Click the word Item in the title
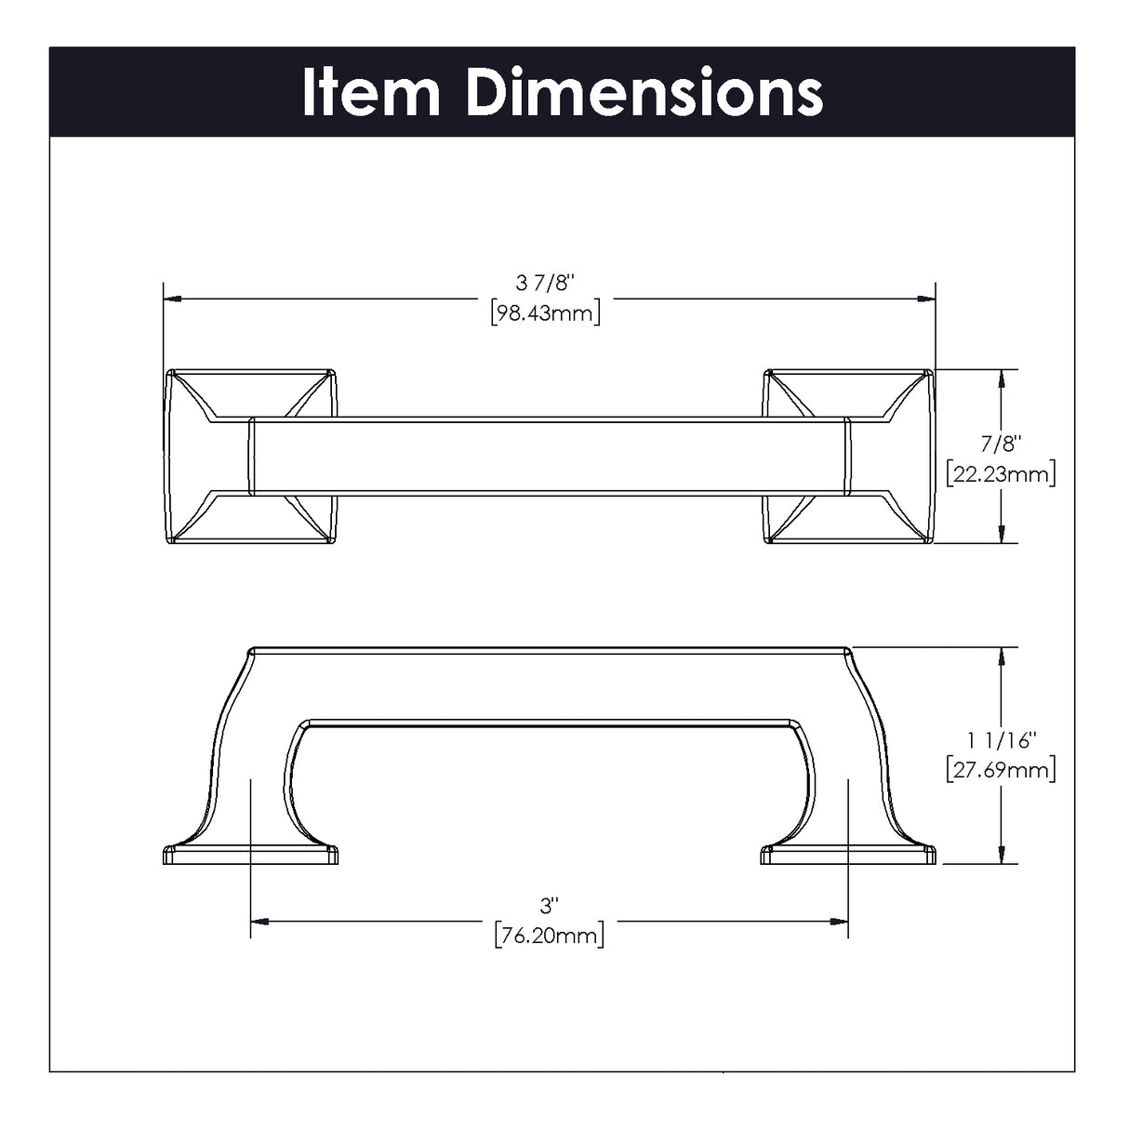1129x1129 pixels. pyautogui.click(x=371, y=92)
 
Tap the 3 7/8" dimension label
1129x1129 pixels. pyautogui.click(x=545, y=283)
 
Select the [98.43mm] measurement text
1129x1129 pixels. pyautogui.click(x=546, y=313)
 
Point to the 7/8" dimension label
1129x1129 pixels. pyautogui.click(x=1001, y=445)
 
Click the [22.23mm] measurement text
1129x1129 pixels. pyautogui.click(x=1001, y=474)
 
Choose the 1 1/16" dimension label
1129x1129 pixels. pyautogui.click(x=1001, y=740)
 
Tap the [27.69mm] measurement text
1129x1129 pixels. pyautogui.click(x=1001, y=770)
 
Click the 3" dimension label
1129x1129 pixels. pyautogui.click(x=549, y=907)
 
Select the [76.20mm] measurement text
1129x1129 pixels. pyautogui.click(x=549, y=936)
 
